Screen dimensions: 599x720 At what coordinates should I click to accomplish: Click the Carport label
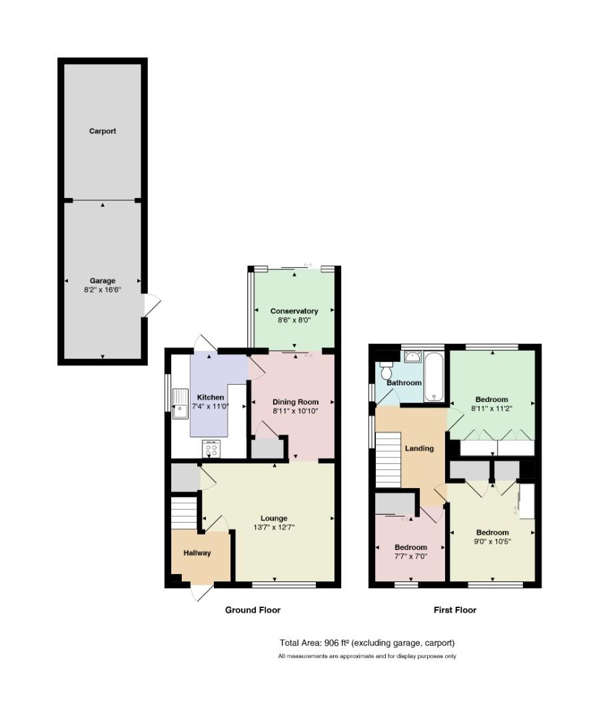click(103, 131)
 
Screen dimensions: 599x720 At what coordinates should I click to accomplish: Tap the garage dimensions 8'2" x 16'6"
click(103, 290)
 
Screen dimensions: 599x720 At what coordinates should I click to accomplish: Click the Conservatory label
click(294, 311)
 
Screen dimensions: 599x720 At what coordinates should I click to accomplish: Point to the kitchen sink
click(181, 403)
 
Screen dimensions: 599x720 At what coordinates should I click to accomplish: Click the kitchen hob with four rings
click(211, 449)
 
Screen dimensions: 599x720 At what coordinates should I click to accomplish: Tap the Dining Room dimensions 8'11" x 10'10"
click(295, 411)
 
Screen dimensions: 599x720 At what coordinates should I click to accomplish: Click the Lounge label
click(274, 518)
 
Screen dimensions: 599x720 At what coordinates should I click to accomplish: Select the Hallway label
click(197, 553)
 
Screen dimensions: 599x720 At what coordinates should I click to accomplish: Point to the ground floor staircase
click(184, 513)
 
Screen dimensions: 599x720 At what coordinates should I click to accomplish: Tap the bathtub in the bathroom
click(434, 377)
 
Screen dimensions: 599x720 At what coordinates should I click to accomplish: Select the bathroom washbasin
click(413, 357)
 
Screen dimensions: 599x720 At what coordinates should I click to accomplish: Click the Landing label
click(419, 448)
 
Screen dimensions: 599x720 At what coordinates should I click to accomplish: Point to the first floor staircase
click(388, 459)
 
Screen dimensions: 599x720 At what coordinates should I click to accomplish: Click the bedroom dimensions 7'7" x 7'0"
click(411, 556)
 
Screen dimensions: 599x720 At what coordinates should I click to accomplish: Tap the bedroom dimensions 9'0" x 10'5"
click(492, 541)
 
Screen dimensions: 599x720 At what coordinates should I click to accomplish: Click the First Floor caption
click(455, 610)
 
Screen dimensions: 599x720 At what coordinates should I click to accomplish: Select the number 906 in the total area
click(330, 643)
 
